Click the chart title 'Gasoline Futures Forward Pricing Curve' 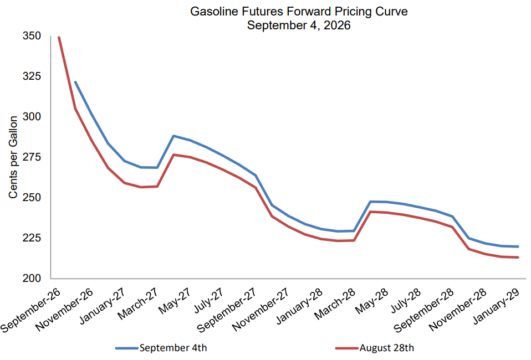point(299,12)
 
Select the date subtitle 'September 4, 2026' point(299,25)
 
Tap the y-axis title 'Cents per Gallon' point(13,157)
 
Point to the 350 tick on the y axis point(32,36)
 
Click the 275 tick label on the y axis point(32,157)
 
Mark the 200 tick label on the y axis point(32,278)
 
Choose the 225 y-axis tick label point(32,238)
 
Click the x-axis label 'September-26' point(30,310)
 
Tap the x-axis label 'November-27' point(260,309)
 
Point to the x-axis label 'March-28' point(335,304)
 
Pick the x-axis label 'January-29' point(497,306)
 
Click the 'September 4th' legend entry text point(173,348)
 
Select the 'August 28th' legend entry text point(387,348)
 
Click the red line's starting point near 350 point(59,38)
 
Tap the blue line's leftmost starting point point(75,82)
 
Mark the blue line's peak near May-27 point(173,136)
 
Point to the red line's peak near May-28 point(370,212)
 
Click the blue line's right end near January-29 point(518,246)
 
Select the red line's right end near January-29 point(518,258)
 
